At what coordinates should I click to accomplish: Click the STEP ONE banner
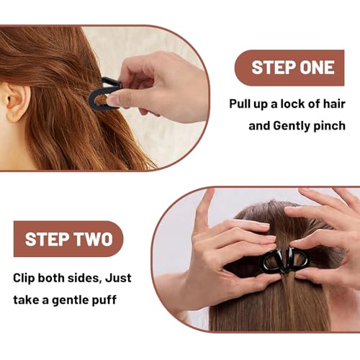[293, 68]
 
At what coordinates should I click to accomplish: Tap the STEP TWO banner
[68, 239]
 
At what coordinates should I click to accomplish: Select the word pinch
[325, 125]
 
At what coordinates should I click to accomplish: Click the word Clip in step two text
[27, 277]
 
